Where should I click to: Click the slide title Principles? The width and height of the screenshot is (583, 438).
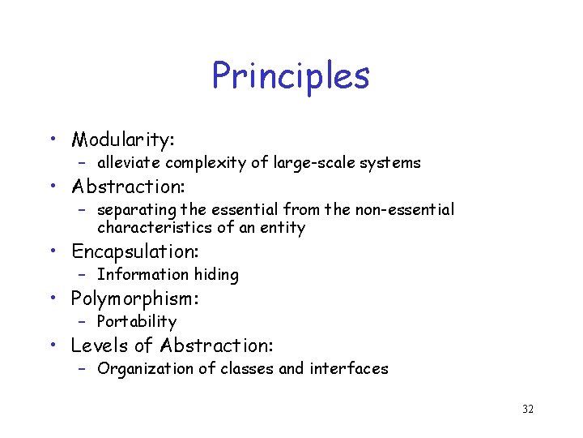click(x=291, y=77)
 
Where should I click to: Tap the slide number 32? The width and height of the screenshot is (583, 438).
click(x=527, y=409)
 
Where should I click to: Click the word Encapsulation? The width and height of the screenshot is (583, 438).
click(x=135, y=251)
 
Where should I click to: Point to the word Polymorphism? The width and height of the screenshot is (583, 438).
click(x=134, y=298)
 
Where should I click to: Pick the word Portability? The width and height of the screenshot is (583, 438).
click(x=136, y=322)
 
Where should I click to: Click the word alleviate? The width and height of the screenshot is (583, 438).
click(x=130, y=163)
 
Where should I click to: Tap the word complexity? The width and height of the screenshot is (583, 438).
click(x=206, y=163)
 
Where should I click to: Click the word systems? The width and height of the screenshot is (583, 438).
click(x=390, y=163)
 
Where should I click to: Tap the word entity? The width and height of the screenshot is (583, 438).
click(x=283, y=228)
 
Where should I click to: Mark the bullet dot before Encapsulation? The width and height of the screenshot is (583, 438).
click(x=53, y=251)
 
